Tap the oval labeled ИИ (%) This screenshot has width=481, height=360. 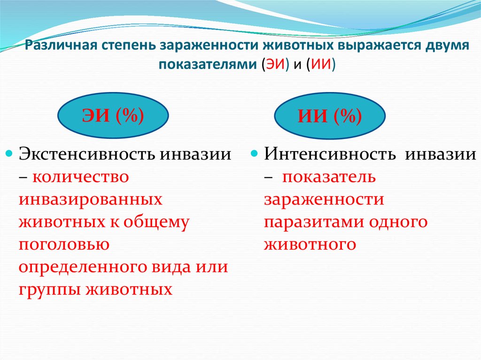coord(330,117)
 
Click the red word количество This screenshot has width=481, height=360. coord(80,177)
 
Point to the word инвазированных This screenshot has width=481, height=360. coord(91,199)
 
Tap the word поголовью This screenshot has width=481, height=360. coord(63,245)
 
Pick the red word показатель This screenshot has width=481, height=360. coord(328,177)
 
